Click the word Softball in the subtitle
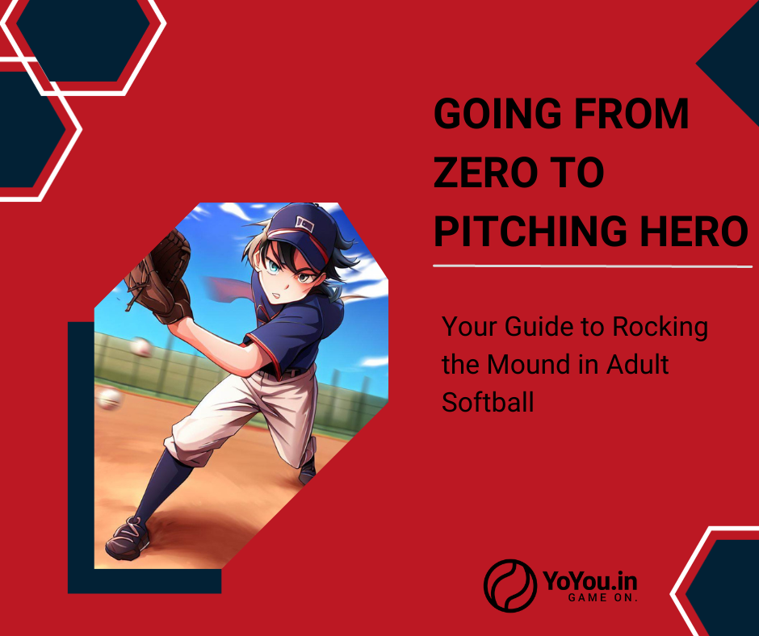point(488,402)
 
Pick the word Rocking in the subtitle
point(660,327)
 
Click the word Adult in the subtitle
point(638,364)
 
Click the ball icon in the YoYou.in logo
point(510,585)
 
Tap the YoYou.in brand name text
point(589,580)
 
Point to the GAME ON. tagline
point(602,598)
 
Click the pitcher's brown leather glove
point(159,277)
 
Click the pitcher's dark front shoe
point(128,538)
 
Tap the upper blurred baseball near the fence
point(140,347)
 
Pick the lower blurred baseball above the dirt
point(109,398)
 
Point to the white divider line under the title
point(593,266)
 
